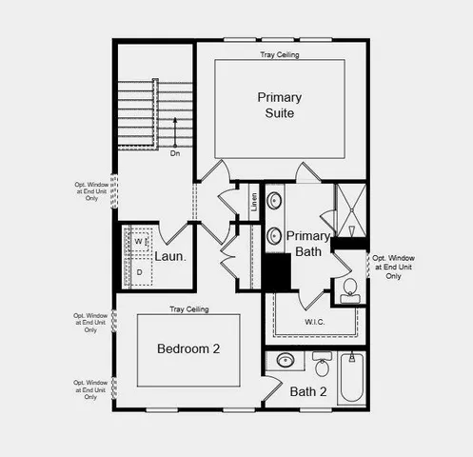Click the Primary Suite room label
279,105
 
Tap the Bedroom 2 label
188,349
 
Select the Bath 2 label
308,391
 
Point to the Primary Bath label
308,244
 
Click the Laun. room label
169,256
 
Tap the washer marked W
138,242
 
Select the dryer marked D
138,272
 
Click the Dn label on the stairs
175,152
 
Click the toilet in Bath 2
321,366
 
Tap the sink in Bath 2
285,361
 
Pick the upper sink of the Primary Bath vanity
275,201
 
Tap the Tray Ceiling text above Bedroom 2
188,309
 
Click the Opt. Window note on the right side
393,266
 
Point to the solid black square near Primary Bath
277,274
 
